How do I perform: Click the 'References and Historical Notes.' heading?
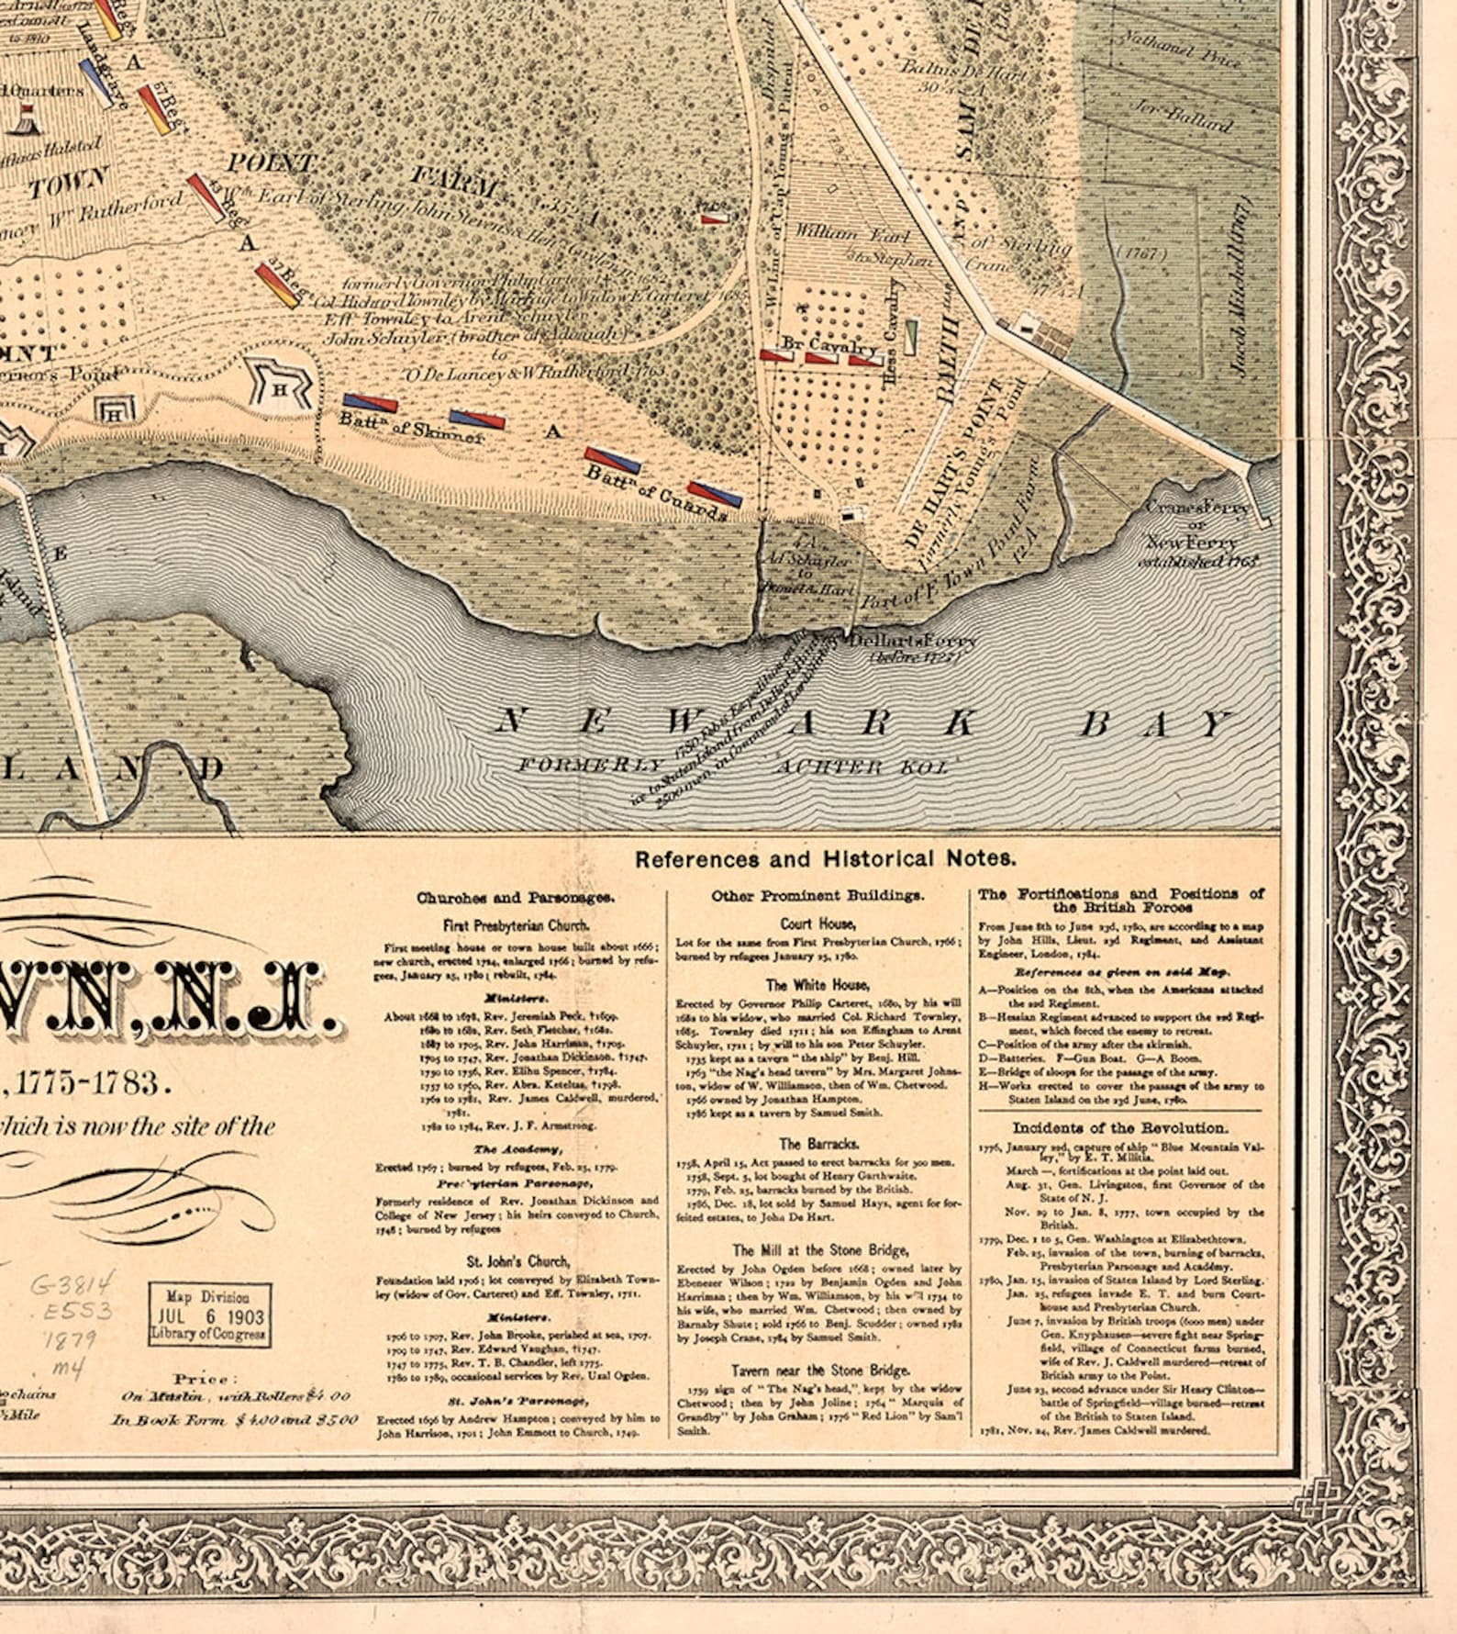click(825, 859)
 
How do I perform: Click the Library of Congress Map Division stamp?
click(210, 1315)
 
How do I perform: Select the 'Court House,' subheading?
click(817, 924)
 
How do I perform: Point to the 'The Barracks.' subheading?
click(818, 1145)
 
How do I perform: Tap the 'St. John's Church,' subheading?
click(517, 1261)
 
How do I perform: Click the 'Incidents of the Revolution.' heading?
click(1118, 1127)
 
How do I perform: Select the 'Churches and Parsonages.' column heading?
click(516, 898)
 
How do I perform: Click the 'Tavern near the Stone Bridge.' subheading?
click(819, 1371)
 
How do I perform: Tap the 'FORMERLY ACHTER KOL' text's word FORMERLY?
click(589, 765)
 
